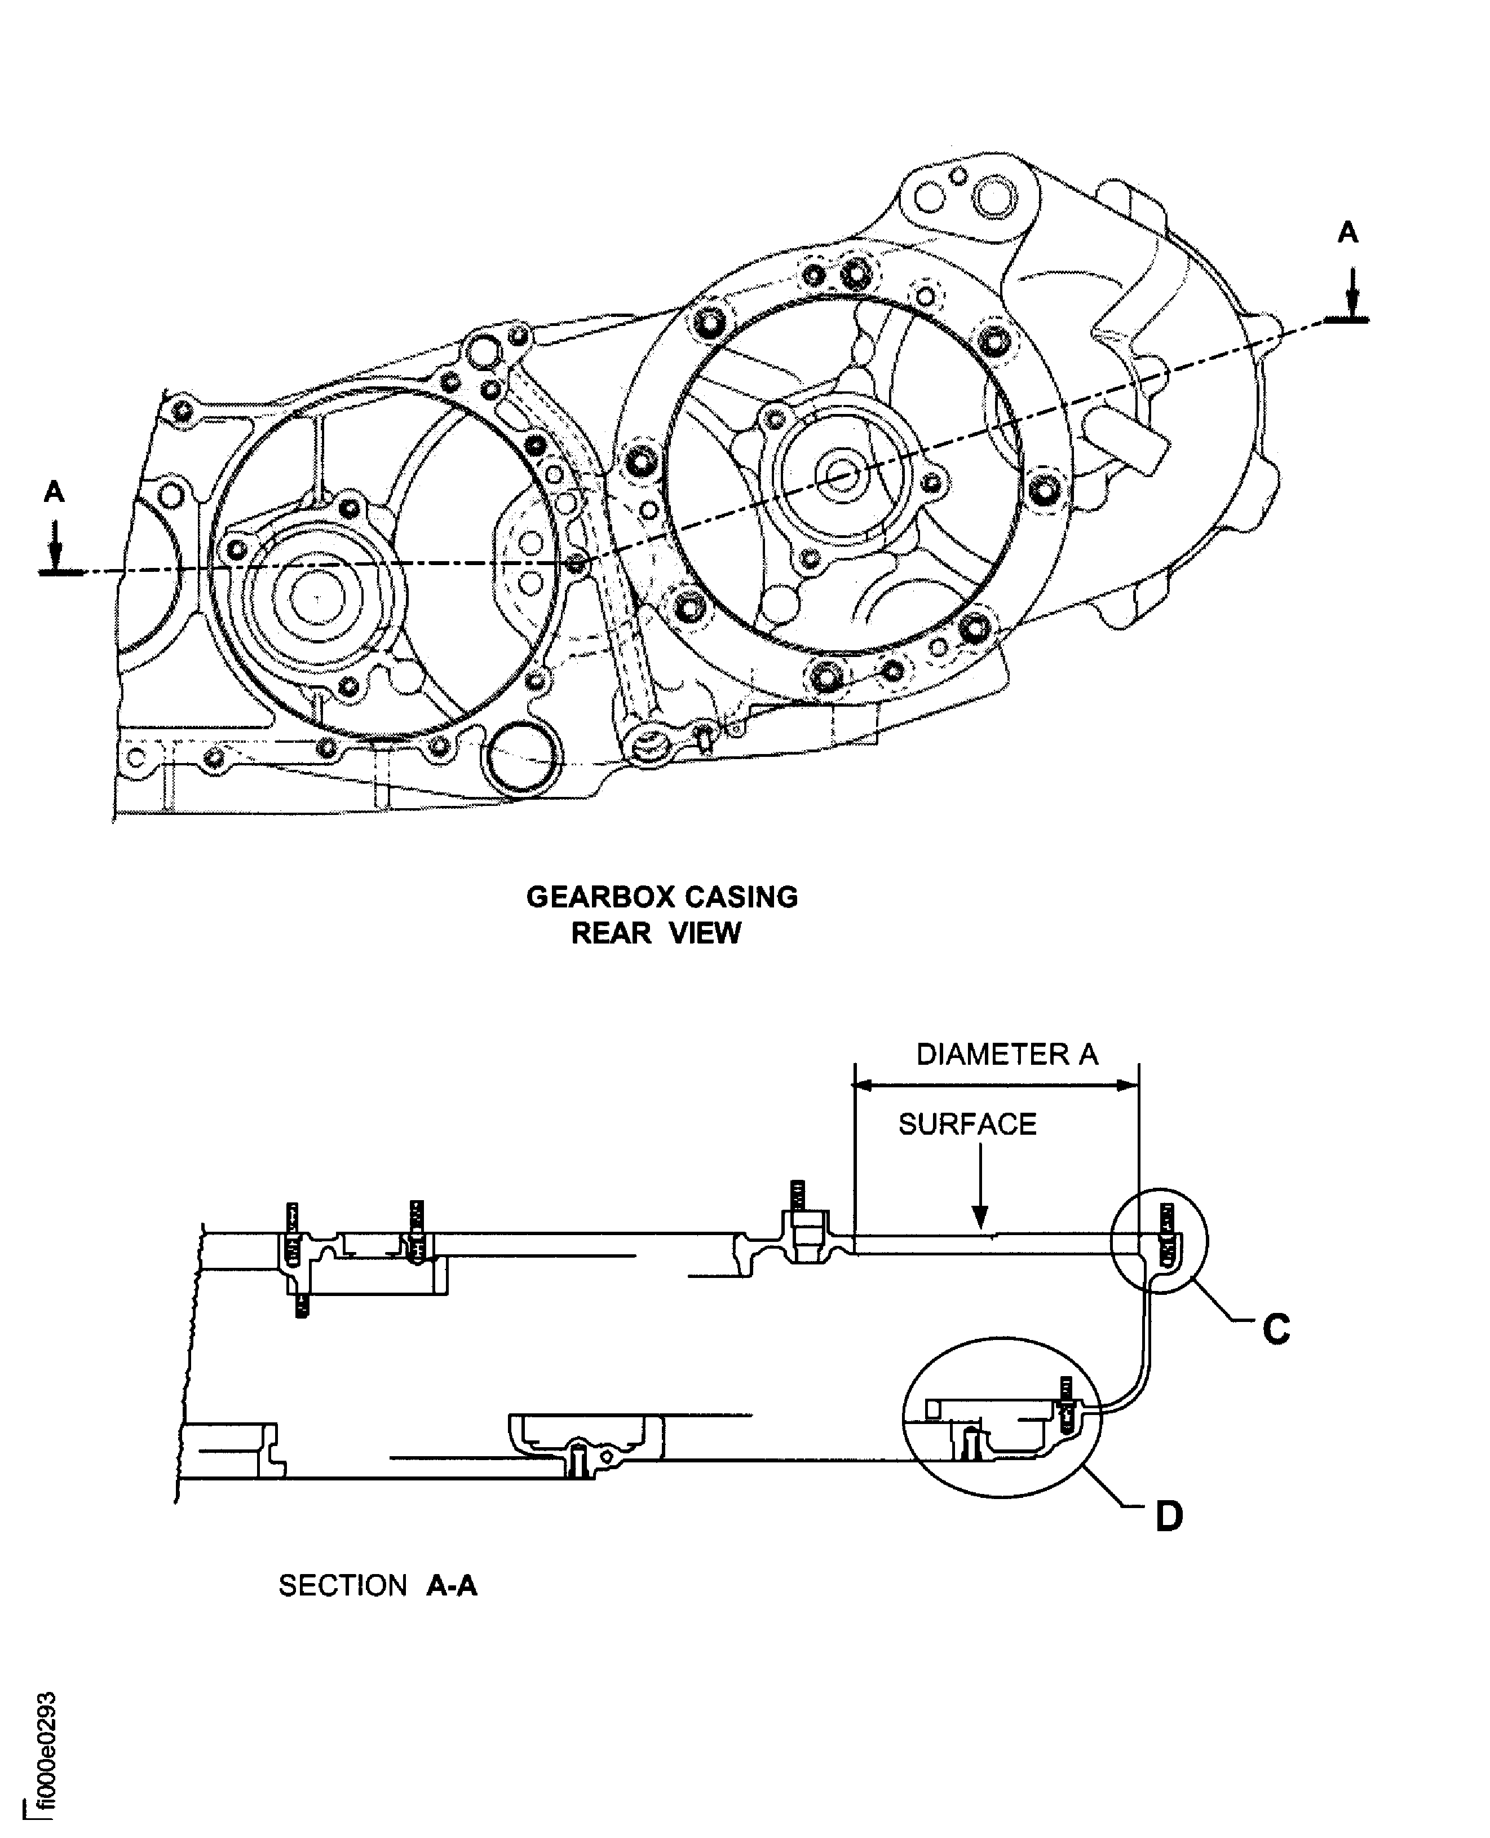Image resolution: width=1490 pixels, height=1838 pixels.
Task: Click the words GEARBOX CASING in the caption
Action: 662,897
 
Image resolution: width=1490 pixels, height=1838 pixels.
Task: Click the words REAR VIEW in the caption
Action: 656,933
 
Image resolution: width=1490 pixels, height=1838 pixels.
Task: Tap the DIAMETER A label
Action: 1007,1054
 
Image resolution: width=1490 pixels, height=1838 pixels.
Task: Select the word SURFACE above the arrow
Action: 967,1125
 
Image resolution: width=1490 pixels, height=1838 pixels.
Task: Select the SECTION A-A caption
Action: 378,1585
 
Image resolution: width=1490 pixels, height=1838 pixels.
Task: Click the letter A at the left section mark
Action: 54,492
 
